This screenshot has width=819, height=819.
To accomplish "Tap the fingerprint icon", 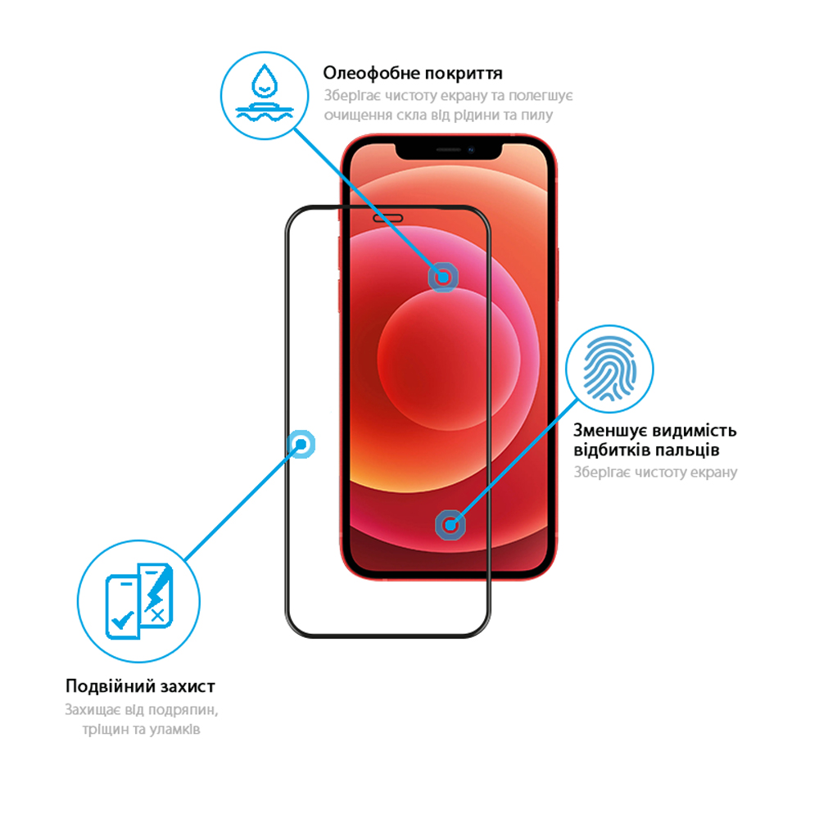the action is pos(609,369).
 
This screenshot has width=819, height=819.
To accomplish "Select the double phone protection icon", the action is pos(139,600).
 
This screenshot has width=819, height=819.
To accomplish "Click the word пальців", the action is pos(688,450).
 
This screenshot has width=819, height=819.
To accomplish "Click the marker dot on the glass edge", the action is pos(301,445).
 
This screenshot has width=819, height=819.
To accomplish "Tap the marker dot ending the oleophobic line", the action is pos(443,278).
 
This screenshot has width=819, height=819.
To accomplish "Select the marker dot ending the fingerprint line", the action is pos(450,525).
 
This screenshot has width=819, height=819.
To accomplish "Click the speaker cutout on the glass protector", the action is pos(387,219).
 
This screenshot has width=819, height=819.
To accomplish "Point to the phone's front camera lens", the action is pos(471,150).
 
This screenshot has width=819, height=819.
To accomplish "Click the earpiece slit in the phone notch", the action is pos(448,150).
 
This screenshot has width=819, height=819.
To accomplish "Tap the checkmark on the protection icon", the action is pos(123,620).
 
